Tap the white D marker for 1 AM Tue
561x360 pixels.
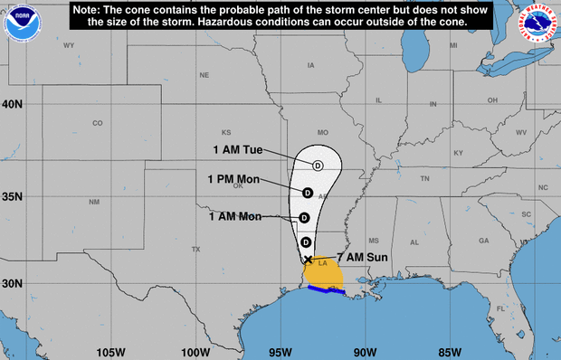tap(318, 165)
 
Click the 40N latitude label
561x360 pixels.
tap(12, 104)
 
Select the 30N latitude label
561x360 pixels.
tap(12, 283)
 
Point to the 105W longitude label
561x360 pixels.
tap(109, 351)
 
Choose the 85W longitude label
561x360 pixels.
tap(450, 351)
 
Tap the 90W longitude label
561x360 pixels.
tap(365, 351)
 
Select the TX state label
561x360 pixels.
tap(195, 249)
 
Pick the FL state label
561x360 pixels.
tap(500, 309)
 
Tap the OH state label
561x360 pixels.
tap(492, 99)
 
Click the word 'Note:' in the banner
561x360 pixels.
tap(92, 8)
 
